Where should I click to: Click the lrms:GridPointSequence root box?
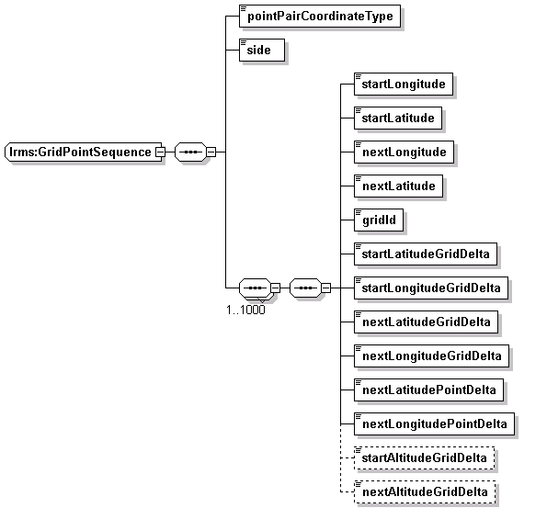[x=84, y=152]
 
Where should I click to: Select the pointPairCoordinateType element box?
[x=320, y=16]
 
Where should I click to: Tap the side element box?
[x=262, y=50]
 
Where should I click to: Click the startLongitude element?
[x=404, y=84]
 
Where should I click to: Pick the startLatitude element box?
[x=398, y=118]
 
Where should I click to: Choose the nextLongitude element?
[x=404, y=152]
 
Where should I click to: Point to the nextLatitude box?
[x=398, y=186]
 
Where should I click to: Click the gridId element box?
[x=379, y=220]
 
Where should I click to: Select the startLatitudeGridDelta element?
[x=426, y=254]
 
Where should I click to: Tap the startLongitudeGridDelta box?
[x=431, y=288]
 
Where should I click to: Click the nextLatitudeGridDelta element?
[x=426, y=322]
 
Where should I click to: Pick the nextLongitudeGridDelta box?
[x=431, y=356]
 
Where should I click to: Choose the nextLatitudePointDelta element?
[x=428, y=389]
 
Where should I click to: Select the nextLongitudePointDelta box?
[x=434, y=424]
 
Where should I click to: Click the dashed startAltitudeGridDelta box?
[x=424, y=457]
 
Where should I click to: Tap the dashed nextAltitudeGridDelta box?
[x=425, y=492]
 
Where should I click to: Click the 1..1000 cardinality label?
[x=245, y=310]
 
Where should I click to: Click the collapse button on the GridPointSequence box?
[x=160, y=152]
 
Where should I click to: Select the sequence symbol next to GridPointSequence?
[x=190, y=152]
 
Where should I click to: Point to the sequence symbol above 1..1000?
[x=255, y=288]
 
